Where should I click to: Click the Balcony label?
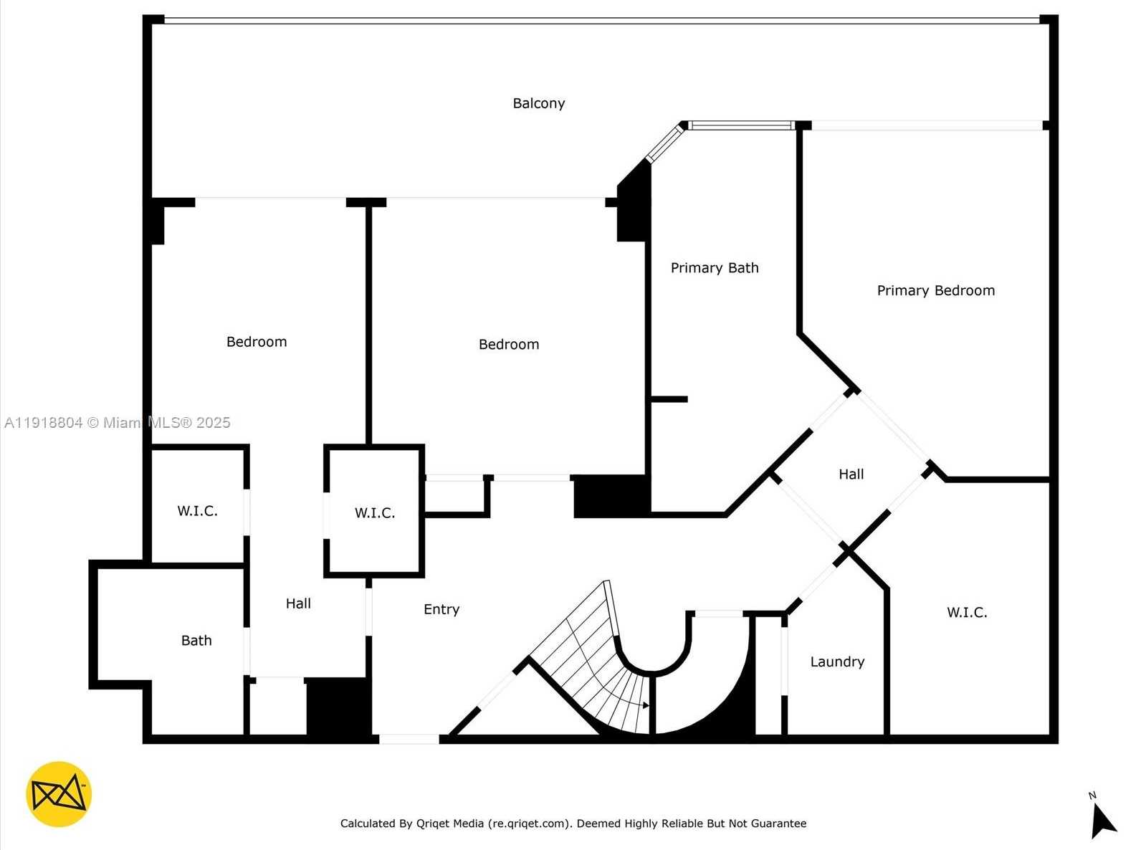tap(538, 103)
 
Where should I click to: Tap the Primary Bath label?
tap(714, 268)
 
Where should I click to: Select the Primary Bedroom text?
tap(935, 290)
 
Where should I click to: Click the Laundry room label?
tap(836, 662)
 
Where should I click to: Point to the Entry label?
tap(441, 609)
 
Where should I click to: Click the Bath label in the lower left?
tap(196, 641)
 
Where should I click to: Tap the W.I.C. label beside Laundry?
tap(966, 612)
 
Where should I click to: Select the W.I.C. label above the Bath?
tap(197, 511)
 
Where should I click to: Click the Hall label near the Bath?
tap(297, 603)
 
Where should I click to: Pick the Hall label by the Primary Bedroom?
tap(851, 474)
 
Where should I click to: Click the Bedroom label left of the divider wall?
tap(257, 342)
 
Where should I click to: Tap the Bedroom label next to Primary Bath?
tap(508, 345)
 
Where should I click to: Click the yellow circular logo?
tap(59, 794)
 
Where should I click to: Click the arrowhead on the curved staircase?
tap(646, 705)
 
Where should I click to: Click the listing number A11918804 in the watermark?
tap(43, 423)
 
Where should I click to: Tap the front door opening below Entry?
tap(409, 739)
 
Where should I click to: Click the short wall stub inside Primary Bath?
tap(669, 399)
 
